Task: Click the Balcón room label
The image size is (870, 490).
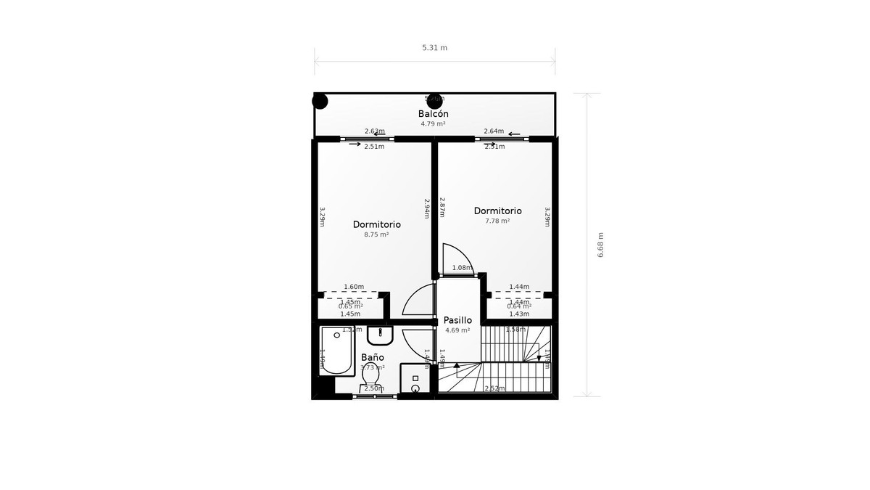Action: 433,114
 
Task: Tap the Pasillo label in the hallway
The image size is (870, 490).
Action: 457,320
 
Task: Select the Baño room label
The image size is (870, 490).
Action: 373,358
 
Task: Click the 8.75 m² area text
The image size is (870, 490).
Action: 376,234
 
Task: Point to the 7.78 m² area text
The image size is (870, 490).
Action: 497,221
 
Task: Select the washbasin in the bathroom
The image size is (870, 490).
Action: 380,335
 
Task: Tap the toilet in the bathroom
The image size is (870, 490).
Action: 370,380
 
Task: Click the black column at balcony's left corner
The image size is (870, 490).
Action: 320,101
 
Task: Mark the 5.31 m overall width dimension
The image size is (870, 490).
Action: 434,48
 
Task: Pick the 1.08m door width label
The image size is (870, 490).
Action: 462,268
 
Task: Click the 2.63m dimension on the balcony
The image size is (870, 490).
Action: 374,131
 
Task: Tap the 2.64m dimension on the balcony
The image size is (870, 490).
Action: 494,131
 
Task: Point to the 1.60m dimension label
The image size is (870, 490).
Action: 354,287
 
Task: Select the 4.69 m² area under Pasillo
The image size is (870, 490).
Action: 457,330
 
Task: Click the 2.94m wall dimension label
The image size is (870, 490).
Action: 427,208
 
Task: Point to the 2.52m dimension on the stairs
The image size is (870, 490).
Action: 494,388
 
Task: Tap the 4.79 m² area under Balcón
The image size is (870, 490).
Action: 433,123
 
